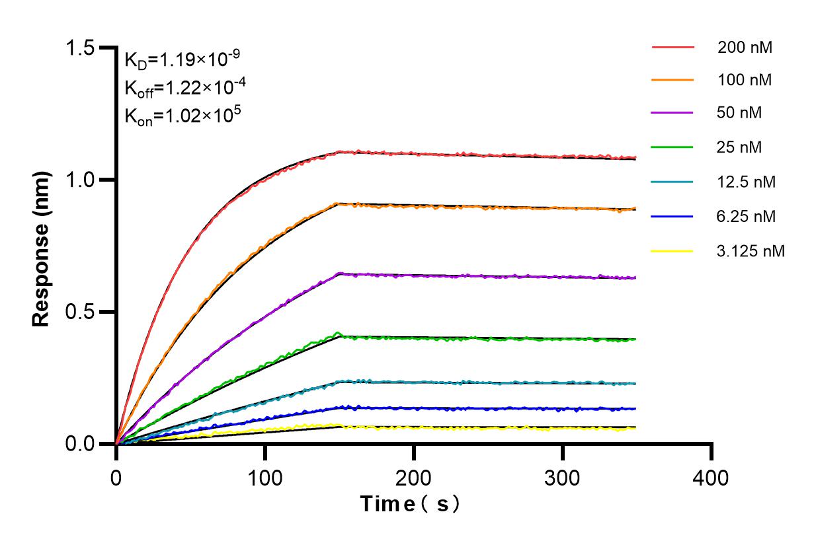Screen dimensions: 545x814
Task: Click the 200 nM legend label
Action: (745, 48)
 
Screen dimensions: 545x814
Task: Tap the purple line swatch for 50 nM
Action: (673, 113)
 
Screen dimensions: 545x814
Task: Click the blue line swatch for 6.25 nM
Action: (673, 216)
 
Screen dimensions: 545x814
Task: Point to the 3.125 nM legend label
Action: (751, 251)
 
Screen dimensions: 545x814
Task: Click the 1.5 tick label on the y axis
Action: (81, 48)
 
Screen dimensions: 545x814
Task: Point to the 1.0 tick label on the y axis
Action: (81, 180)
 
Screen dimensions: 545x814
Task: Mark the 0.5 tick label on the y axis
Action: (81, 312)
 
